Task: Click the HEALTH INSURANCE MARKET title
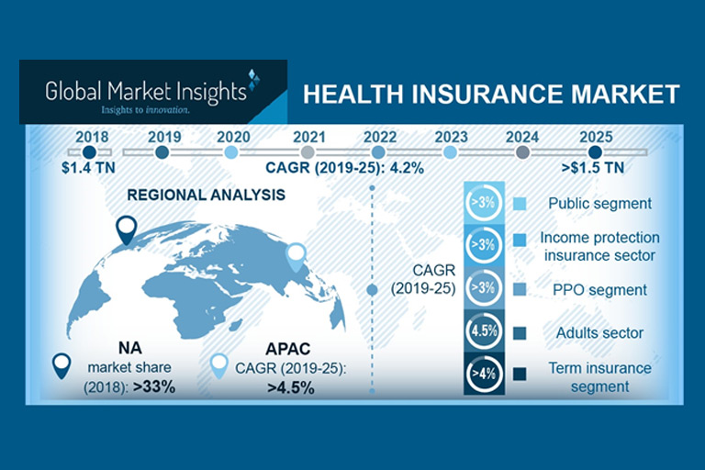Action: pos(490,94)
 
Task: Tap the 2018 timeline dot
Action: pos(89,152)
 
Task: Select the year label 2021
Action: pos(309,136)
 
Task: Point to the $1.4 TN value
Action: pos(89,168)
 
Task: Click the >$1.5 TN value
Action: pos(594,168)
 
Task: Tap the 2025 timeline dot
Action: pos(595,152)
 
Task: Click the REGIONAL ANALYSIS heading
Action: pos(206,196)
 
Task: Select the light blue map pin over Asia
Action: pos(296,254)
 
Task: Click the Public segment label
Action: pos(598,204)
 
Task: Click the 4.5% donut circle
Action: pos(483,331)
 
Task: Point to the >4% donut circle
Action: pos(483,374)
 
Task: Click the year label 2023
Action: pos(451,136)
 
